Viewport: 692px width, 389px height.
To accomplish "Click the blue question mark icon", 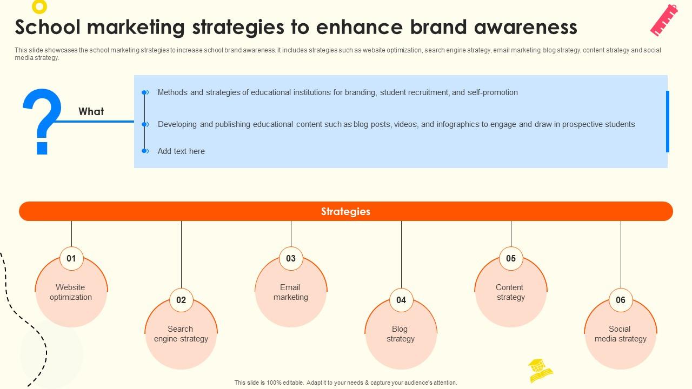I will point(42,121).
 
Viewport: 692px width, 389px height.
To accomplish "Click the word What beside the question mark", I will point(91,111).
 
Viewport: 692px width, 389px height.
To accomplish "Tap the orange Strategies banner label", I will point(345,211).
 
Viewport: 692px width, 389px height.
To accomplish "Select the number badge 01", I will point(71,258).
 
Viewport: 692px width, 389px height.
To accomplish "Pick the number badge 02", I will point(181,300).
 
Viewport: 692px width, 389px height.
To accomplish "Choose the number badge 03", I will point(291,258).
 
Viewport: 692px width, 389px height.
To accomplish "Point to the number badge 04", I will point(401,300).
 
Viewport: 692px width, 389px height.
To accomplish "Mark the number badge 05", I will point(511,258).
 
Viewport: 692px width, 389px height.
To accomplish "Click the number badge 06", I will point(621,300).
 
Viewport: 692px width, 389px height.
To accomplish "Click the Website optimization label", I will point(71,292).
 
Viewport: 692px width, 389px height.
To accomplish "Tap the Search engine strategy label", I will point(181,334).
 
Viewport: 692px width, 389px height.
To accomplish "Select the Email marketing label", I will point(290,292).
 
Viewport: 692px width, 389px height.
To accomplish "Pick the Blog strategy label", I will point(400,334).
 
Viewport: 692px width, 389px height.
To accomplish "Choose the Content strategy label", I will point(510,292).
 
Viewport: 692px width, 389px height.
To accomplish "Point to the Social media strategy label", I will point(620,334).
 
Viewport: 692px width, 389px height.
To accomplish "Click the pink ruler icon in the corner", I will point(664,20).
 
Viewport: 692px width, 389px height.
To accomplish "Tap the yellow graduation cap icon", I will point(540,370).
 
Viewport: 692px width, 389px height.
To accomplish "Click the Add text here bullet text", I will point(181,151).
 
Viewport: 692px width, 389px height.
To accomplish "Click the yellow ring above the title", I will point(39,6).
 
